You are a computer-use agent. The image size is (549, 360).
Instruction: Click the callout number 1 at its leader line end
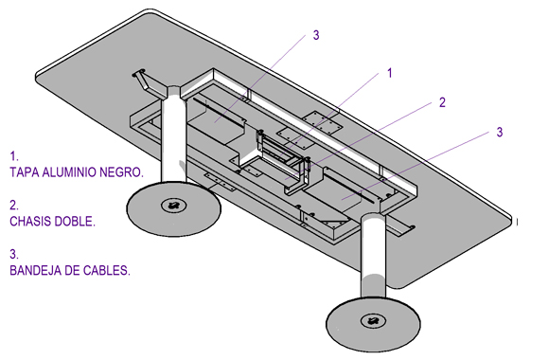click(x=389, y=73)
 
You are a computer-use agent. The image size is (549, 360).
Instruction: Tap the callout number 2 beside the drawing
click(x=442, y=102)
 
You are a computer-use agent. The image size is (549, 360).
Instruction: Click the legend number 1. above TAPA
click(x=14, y=156)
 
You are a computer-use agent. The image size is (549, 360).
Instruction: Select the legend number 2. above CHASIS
click(x=14, y=205)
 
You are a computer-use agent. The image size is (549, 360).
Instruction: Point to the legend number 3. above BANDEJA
click(x=14, y=254)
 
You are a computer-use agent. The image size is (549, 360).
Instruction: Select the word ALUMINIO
click(x=69, y=172)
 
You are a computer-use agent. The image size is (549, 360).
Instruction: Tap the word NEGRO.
click(x=121, y=172)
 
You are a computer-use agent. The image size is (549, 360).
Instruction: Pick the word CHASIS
click(x=29, y=222)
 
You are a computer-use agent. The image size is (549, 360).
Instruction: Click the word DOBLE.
click(x=75, y=222)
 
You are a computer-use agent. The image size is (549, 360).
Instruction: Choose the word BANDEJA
click(x=34, y=271)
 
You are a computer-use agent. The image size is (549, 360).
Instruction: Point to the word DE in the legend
click(x=70, y=271)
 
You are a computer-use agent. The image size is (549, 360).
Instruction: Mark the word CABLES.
click(x=106, y=271)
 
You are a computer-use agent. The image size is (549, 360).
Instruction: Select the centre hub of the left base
click(x=173, y=206)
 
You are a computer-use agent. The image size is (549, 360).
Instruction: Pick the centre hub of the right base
click(x=373, y=320)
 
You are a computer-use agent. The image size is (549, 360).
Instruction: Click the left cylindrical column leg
click(x=173, y=136)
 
